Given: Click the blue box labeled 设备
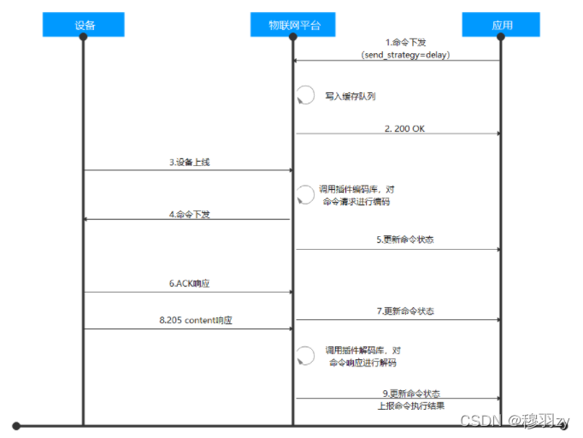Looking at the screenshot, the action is point(84,25).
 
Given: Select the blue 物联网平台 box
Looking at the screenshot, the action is point(292,25).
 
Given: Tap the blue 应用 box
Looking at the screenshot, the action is point(502,25).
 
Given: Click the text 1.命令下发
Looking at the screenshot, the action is point(405,42).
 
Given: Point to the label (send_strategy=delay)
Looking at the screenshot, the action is point(405,54).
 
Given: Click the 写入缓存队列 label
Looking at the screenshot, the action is point(350,97).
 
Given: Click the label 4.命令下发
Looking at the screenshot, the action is point(190,214).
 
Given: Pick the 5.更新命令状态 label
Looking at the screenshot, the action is point(404,240).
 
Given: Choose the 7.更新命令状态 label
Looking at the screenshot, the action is point(404,311).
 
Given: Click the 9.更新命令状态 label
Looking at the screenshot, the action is point(411,394).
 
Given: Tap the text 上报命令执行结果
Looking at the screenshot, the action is point(411,405).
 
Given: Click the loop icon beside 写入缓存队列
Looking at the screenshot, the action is point(305,96).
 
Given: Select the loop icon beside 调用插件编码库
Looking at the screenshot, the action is point(305,195).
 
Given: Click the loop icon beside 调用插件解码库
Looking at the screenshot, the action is point(305,356).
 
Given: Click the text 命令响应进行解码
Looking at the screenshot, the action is point(362,363).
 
